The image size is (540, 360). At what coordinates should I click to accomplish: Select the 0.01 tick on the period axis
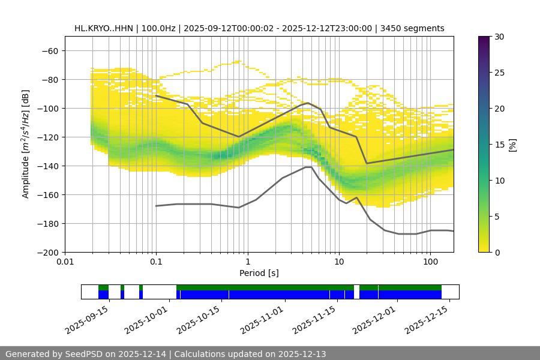click(65, 262)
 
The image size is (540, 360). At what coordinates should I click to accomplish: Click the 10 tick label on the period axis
click(338, 262)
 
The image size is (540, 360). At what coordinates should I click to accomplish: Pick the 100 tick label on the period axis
click(430, 262)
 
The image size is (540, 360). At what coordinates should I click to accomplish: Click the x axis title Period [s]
click(259, 273)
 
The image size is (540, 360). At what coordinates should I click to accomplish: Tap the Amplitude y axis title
click(25, 144)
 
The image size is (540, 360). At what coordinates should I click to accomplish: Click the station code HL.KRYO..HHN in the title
click(103, 28)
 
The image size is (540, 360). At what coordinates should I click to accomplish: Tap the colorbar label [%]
click(512, 144)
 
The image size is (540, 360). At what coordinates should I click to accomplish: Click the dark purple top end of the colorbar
click(484, 38)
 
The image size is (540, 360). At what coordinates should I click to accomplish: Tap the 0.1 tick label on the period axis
click(156, 262)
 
